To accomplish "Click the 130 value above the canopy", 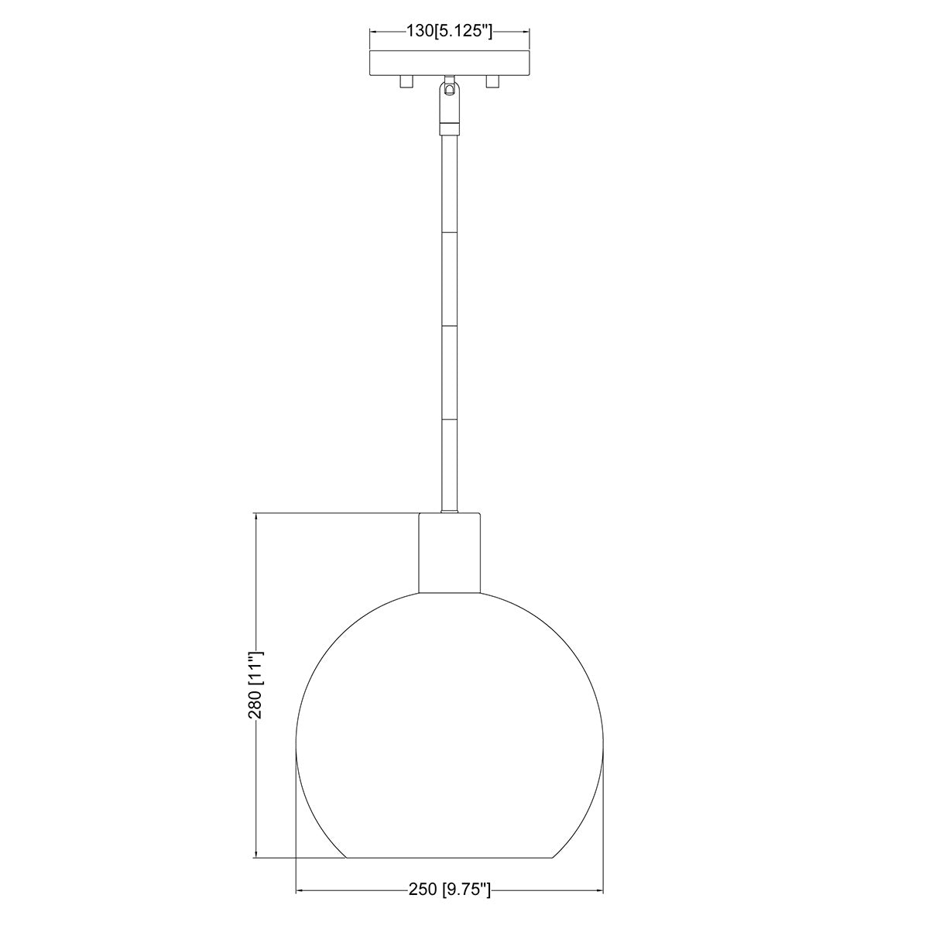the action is (x=420, y=31).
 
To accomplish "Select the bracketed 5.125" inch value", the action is (x=463, y=31).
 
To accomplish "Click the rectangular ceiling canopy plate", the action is (x=449, y=63).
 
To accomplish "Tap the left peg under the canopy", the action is (x=406, y=82).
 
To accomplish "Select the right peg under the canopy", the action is (x=492, y=82).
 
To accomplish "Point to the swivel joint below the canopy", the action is (x=449, y=101).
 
